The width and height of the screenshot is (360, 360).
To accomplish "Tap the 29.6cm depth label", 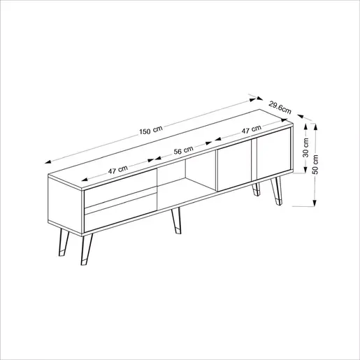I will pos(280,106).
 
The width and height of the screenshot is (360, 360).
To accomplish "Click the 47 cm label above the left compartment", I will pos(117,171).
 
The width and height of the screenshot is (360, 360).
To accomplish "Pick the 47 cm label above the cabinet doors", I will pos(251,131).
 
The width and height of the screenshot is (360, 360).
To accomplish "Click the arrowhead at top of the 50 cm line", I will pos(316,127).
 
